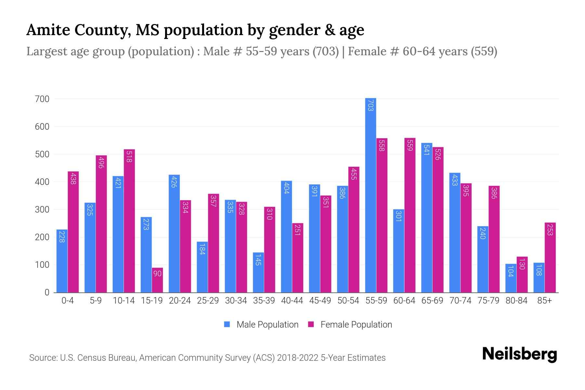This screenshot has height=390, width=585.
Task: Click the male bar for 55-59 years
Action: coord(370,195)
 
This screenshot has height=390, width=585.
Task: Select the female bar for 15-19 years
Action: coord(157,280)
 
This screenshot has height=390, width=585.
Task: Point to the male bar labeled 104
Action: coord(511,278)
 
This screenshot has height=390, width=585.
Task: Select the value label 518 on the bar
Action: coord(129,156)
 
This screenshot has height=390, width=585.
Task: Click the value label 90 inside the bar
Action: coord(157,274)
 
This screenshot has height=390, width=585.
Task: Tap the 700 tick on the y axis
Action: coord(42,99)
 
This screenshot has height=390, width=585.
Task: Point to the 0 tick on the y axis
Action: coord(47,292)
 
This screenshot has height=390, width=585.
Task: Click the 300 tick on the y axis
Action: coord(42,210)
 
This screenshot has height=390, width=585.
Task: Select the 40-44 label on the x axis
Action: coord(292,301)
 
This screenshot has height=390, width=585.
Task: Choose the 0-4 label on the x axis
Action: coord(68,301)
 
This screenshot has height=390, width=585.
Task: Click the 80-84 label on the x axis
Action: coord(516,301)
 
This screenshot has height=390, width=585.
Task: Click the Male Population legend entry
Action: coord(267,325)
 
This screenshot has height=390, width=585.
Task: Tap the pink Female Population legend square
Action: coord(311,324)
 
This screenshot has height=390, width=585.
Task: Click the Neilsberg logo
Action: coord(519,354)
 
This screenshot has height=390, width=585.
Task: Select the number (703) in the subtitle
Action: coord(326,51)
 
